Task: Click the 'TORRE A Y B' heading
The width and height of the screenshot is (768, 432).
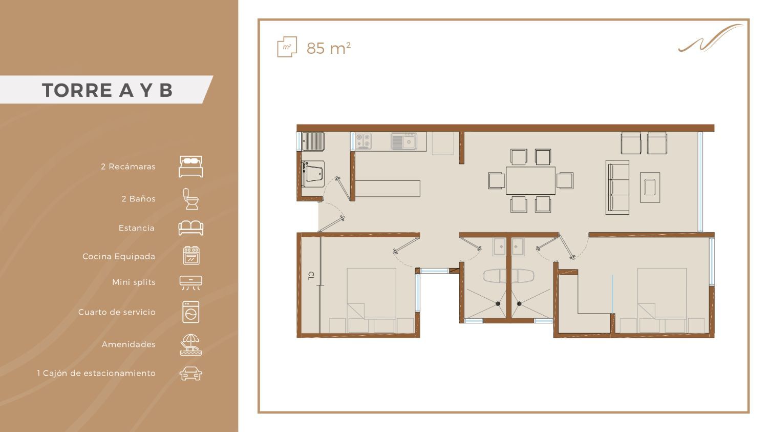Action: click(x=107, y=90)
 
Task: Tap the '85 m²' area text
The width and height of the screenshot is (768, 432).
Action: click(x=329, y=48)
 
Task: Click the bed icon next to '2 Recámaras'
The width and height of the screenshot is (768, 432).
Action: click(x=190, y=167)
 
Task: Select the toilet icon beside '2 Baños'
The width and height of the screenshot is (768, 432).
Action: click(x=190, y=199)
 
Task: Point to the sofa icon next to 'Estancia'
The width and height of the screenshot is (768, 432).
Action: click(x=190, y=228)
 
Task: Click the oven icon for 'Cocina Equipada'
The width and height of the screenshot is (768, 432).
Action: click(x=191, y=256)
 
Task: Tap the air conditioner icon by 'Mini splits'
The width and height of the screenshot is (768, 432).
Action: click(x=190, y=283)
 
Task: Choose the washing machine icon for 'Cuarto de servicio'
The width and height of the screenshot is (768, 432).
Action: click(x=190, y=312)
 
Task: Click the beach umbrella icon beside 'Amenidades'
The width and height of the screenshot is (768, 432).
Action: click(x=190, y=344)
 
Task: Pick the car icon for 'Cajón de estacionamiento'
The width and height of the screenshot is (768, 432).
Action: click(x=190, y=374)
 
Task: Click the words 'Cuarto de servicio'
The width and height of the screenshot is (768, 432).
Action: click(x=117, y=312)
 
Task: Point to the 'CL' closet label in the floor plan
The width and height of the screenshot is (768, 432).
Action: click(x=311, y=276)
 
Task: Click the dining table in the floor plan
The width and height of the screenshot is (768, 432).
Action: click(x=530, y=180)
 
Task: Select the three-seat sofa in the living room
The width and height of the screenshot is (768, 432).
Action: click(x=617, y=188)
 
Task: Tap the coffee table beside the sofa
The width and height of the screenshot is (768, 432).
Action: click(x=650, y=188)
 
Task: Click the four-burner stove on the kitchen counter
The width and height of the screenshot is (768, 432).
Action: click(x=363, y=141)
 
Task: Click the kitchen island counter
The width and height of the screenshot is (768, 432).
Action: click(x=388, y=189)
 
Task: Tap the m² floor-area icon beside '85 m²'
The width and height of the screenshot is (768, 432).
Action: click(x=287, y=47)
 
